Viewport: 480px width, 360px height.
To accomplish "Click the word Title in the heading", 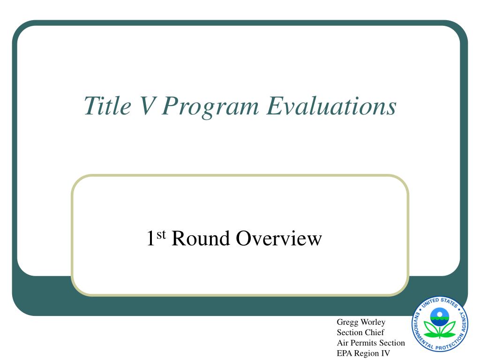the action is (x=107, y=105).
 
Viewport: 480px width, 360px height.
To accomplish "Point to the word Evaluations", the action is (x=331, y=106).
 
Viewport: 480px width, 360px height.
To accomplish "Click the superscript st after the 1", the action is (x=161, y=235).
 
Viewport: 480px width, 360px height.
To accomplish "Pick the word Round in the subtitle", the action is (x=201, y=238).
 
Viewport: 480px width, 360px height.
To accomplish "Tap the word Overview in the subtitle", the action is (x=279, y=238).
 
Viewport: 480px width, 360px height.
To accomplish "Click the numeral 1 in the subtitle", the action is (x=151, y=238).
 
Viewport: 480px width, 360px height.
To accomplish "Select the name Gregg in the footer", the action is (x=347, y=322).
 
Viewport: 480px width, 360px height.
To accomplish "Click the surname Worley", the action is (x=373, y=322).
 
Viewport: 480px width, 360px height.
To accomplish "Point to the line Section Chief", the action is (x=360, y=332).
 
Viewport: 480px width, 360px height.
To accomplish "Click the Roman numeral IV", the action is (x=385, y=353).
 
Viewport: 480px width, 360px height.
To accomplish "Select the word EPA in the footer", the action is (x=344, y=353).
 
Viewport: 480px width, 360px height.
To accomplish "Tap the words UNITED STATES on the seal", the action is (x=440, y=302).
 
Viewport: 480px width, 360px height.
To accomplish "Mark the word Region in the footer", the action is (x=366, y=354).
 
